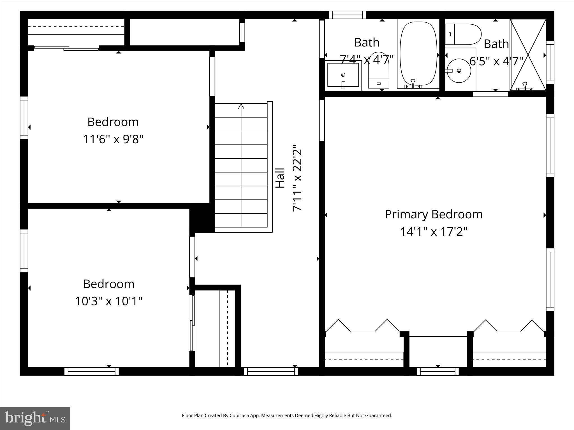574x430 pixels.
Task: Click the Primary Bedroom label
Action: pyautogui.click(x=434, y=214)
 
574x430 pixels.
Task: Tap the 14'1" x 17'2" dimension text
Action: pyautogui.click(x=434, y=232)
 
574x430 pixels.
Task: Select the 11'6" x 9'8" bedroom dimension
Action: pyautogui.click(x=113, y=139)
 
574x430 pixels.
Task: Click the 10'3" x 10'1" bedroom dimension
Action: pyautogui.click(x=109, y=301)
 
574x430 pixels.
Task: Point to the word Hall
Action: pyautogui.click(x=280, y=178)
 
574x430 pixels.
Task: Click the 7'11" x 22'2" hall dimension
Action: pyautogui.click(x=297, y=178)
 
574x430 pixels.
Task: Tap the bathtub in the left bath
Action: pyautogui.click(x=418, y=55)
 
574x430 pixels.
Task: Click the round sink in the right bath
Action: pyautogui.click(x=459, y=71)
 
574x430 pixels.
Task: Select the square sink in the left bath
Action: pyautogui.click(x=343, y=75)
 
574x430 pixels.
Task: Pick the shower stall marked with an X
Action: pyautogui.click(x=528, y=55)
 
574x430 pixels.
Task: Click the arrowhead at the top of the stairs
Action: pyautogui.click(x=241, y=107)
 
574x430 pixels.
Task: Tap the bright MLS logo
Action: pyautogui.click(x=35, y=418)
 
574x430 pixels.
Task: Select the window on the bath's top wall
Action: pyautogui.click(x=347, y=15)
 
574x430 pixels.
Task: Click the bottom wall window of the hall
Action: pyautogui.click(x=271, y=371)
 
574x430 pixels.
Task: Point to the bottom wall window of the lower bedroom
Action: pyautogui.click(x=92, y=371)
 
